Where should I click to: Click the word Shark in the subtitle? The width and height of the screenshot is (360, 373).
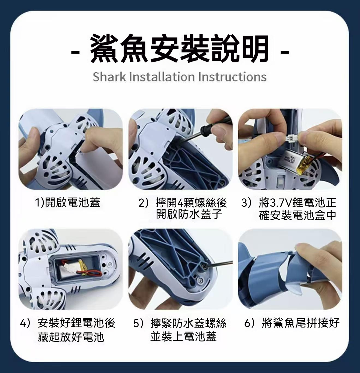click(x=109, y=77)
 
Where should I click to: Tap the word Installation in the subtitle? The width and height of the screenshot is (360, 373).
click(x=161, y=77)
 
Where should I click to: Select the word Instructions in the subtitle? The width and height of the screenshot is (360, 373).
click(x=232, y=77)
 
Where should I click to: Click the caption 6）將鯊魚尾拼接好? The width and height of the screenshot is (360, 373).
click(x=292, y=323)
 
